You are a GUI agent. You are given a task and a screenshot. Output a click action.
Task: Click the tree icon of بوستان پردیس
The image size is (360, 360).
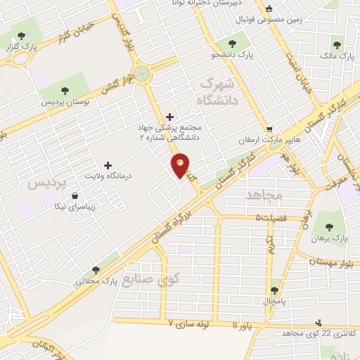tap(65, 91)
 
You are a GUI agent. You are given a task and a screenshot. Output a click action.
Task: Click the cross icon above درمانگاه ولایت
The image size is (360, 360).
tap(108, 164)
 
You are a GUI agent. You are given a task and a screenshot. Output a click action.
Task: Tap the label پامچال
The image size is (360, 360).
tap(275, 302)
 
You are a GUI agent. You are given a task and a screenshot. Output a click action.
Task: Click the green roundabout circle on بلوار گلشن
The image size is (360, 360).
tap(143, 73)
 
